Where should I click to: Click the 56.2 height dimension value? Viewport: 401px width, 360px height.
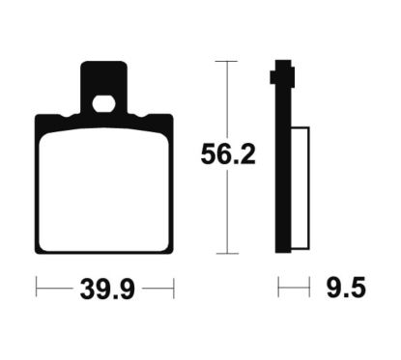click(228, 154)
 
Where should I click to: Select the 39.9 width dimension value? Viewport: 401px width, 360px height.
click(107, 290)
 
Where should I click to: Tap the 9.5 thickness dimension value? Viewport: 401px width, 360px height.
click(346, 288)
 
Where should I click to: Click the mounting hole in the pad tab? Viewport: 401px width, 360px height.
click(103, 104)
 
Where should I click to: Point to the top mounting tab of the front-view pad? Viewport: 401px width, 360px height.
click(103, 87)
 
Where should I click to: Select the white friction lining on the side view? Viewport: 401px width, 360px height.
click(301, 188)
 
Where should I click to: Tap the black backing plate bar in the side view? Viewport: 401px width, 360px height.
click(283, 156)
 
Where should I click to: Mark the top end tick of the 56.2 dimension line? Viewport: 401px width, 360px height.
click(228, 61)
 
